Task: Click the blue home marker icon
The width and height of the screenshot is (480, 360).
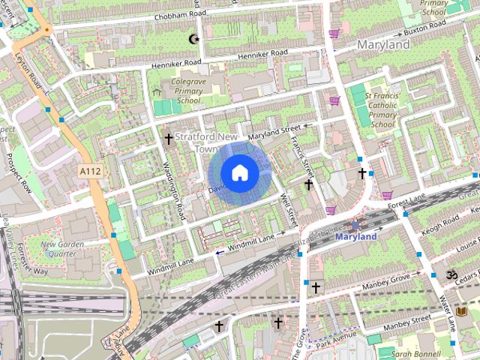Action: click(x=238, y=172)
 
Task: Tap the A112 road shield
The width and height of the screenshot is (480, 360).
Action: click(x=90, y=172)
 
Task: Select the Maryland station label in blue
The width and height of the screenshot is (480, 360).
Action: click(x=355, y=237)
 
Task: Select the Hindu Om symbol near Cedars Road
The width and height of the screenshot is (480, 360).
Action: click(x=451, y=275)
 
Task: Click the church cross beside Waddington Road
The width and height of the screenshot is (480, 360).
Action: click(x=169, y=139)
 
